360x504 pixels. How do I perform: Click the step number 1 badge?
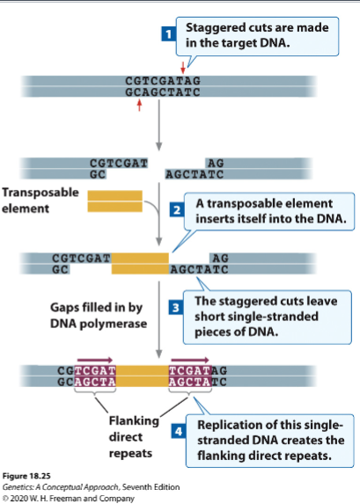click(164, 35)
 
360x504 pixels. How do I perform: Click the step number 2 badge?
click(176, 210)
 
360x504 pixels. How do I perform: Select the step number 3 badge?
click(176, 307)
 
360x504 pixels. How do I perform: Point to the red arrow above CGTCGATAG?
click(183, 68)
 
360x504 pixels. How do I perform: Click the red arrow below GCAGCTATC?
click(138, 106)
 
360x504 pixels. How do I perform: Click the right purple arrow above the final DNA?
click(189, 359)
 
